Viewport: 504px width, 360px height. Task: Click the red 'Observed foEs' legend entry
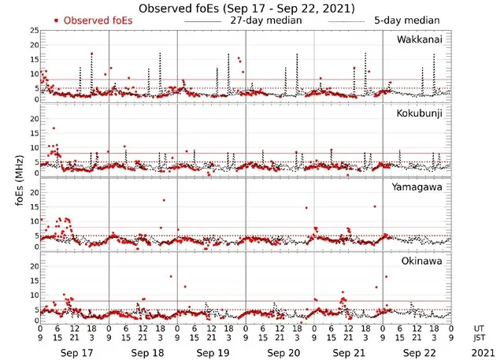click(x=94, y=20)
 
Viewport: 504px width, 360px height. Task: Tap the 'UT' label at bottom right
click(x=480, y=328)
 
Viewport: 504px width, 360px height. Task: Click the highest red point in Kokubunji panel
click(x=54, y=128)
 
